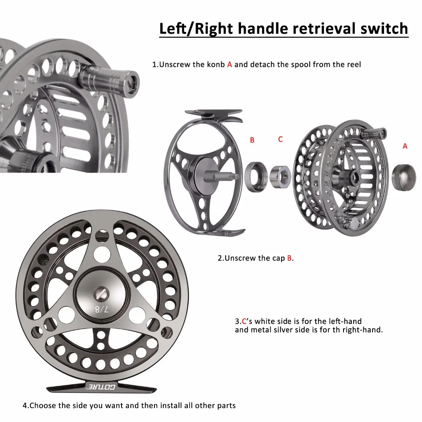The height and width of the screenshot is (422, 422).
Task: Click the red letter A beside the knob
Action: coord(405,146)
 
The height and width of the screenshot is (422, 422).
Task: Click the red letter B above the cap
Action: coord(252,140)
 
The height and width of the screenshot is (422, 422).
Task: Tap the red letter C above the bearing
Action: coord(280,139)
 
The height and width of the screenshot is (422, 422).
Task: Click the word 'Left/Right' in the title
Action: coord(195,29)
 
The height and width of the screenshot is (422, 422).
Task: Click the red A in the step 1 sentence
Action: coord(230,65)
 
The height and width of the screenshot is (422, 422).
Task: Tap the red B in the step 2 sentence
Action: coord(289,258)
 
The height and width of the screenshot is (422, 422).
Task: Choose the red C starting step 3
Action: coord(243,321)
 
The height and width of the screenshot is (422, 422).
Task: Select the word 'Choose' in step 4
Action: coord(43,406)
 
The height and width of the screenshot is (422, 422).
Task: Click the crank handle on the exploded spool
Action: coord(376,133)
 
